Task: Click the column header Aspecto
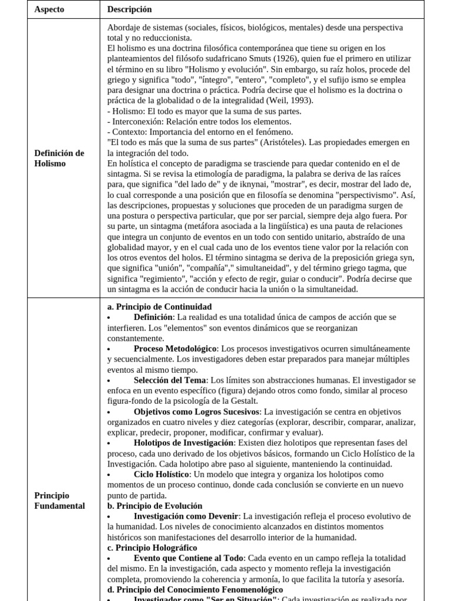click(49, 9)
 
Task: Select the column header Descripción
click(129, 9)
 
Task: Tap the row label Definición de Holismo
click(59, 158)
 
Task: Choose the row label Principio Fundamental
click(59, 501)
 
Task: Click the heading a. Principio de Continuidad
click(159, 306)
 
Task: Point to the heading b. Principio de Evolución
click(154, 506)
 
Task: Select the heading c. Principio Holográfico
click(152, 548)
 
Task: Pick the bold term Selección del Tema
click(171, 380)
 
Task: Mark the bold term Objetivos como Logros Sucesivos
click(197, 411)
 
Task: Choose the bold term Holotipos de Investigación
click(184, 443)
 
